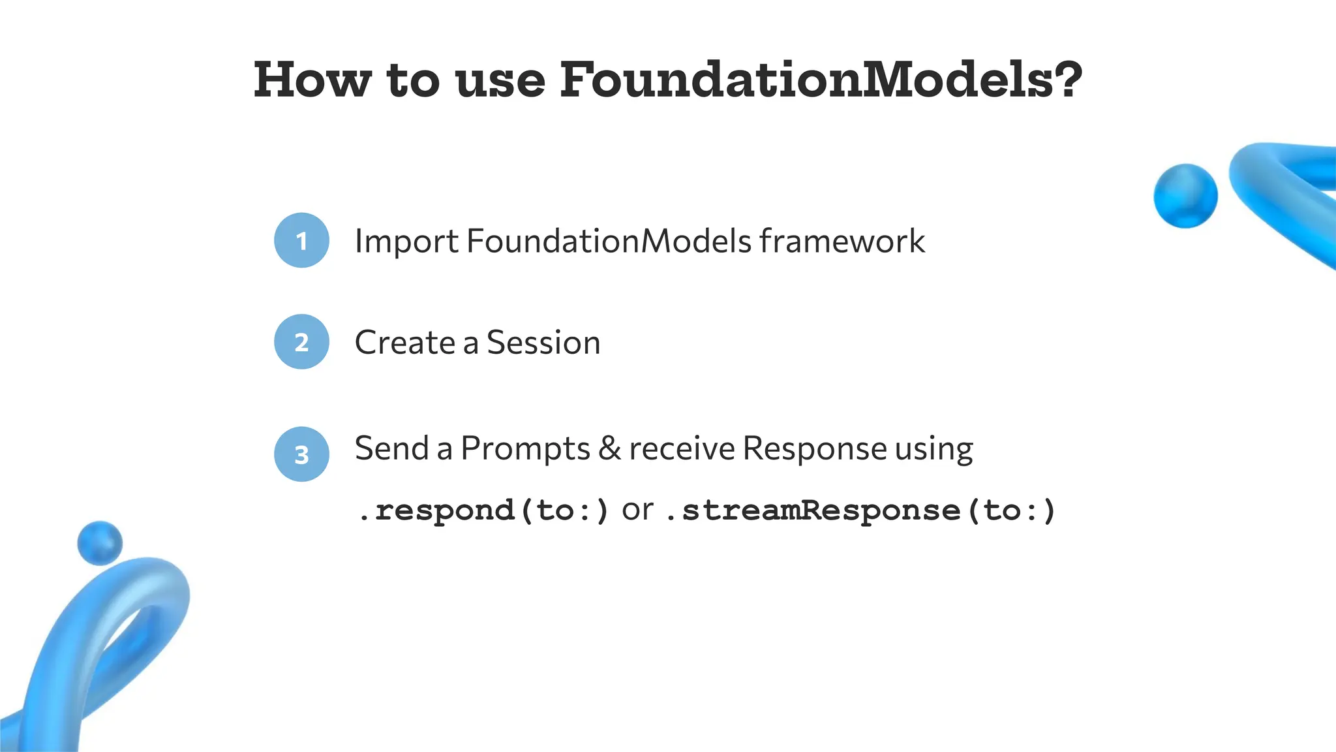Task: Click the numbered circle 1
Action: [301, 240]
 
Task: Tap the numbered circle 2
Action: [301, 342]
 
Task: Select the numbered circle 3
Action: [301, 454]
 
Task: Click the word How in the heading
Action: [312, 80]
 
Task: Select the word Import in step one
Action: [406, 242]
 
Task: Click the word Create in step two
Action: [404, 343]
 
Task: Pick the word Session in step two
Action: [543, 343]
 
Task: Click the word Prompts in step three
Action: [525, 449]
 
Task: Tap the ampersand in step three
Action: [609, 449]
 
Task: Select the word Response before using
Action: [814, 449]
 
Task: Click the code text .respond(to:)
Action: [483, 510]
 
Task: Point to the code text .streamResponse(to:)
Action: [860, 510]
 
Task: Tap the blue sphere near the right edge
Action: [1185, 196]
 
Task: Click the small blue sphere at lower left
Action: [100, 542]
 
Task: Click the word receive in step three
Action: [682, 449]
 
